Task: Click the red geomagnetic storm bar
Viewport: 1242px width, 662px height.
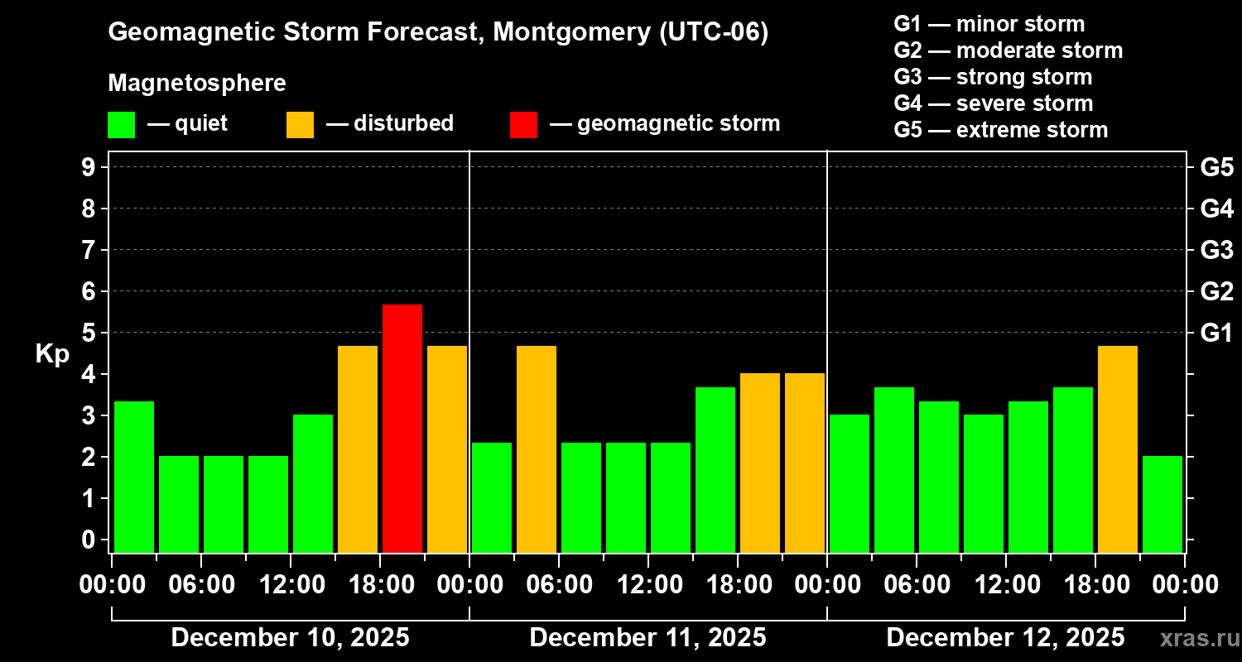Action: point(402,428)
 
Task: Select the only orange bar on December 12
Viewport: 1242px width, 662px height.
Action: point(1118,449)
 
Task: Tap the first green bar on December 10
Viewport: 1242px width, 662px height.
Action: point(134,476)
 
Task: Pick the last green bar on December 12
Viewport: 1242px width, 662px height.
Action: point(1163,503)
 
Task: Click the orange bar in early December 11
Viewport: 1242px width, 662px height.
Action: point(537,449)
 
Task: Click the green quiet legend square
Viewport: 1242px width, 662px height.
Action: point(121,124)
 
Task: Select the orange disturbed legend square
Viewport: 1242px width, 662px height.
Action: point(300,124)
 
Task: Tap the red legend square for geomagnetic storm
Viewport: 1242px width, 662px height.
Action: point(523,124)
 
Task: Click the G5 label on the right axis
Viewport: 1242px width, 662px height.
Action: point(1216,167)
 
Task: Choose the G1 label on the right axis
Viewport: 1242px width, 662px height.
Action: point(1216,333)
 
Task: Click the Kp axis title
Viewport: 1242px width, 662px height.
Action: point(52,353)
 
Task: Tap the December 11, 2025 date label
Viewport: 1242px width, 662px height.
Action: point(647,637)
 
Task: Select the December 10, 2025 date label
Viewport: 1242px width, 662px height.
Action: point(290,637)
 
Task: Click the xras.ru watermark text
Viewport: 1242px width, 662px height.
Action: point(1194,638)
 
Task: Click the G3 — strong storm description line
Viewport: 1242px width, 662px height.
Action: point(993,77)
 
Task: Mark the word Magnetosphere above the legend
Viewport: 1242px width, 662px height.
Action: point(197,84)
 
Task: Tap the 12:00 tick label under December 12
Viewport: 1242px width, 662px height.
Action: point(1005,584)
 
